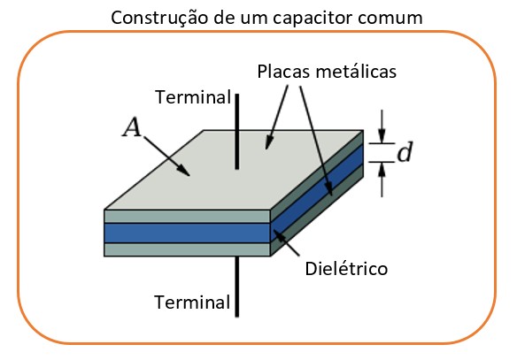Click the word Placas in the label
tap(284, 71)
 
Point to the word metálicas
tap(356, 71)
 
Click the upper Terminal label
tap(193, 97)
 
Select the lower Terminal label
tap(192, 302)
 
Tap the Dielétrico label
tap(346, 269)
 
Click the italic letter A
tap(132, 127)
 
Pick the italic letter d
tap(405, 152)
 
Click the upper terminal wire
tap(236, 132)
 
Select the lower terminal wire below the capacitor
tap(236, 287)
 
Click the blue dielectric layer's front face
tap(188, 234)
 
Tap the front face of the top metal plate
tap(188, 217)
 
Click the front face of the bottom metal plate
tap(188, 249)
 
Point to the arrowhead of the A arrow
tap(185, 172)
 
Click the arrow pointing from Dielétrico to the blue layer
tap(286, 243)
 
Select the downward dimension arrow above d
tap(382, 126)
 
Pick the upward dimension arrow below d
tap(382, 180)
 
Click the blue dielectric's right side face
tap(317, 194)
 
